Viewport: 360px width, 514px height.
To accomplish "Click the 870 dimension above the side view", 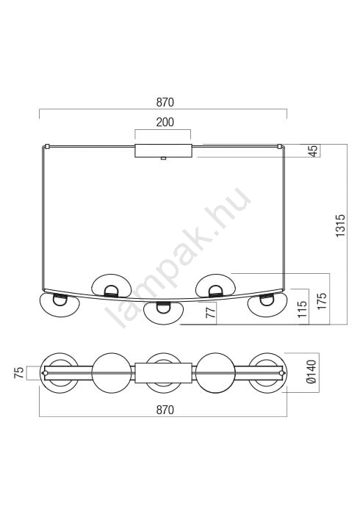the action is [x=165, y=103].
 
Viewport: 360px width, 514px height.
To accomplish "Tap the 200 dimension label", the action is [x=165, y=123].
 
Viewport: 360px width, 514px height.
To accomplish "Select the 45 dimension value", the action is [x=314, y=151].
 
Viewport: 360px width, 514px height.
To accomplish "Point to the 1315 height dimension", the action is [x=340, y=225].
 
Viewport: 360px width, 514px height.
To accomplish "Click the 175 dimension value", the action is [x=322, y=301].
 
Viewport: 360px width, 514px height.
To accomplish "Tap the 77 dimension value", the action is [x=212, y=311].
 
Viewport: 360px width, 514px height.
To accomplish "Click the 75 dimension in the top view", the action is [x=19, y=373].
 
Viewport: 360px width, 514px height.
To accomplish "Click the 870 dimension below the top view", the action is [x=165, y=410].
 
